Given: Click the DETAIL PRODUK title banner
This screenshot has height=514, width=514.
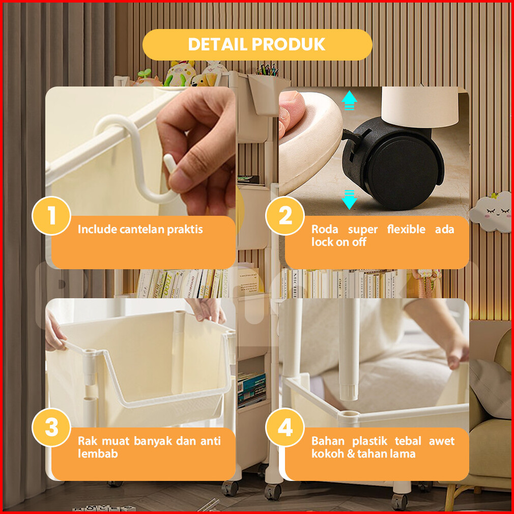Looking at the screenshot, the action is tap(258, 45).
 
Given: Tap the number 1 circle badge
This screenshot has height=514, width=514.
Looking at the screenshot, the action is tap(51, 216).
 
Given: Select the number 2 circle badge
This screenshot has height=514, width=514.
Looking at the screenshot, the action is tap(285, 216).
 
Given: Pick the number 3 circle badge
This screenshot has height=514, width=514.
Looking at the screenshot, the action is tap(51, 427).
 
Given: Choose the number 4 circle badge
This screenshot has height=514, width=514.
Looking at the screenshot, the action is tap(285, 427).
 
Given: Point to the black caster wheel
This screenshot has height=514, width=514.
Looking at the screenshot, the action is tap(393, 164).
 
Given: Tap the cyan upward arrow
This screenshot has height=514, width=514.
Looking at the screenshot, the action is tap(349, 100).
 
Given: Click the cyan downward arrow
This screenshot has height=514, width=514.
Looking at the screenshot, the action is tap(349, 199).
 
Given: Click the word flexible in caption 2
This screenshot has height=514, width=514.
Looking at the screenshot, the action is tap(406, 229).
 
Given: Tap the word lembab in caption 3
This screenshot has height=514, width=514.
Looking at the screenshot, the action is tap(98, 453).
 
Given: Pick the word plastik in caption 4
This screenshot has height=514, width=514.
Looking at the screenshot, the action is tap(370, 441).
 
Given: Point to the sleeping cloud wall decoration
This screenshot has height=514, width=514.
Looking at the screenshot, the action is tap(491, 212).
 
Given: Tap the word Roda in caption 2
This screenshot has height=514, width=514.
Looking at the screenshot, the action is tap(325, 229).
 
